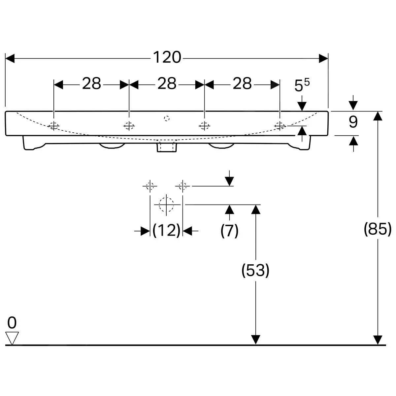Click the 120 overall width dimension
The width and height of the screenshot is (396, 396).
point(167,58)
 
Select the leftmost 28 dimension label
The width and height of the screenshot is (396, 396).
point(91,84)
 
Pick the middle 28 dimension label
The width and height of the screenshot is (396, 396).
point(167,84)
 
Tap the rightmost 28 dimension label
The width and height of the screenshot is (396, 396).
point(242,84)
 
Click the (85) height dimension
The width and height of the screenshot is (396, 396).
point(378,229)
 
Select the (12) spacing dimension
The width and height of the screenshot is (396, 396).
point(167,230)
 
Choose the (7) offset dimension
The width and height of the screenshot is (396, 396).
point(229,230)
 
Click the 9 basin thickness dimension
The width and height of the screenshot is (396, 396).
point(353,122)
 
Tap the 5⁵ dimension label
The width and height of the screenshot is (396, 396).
point(302,86)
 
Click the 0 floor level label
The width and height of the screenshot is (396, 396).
point(12,323)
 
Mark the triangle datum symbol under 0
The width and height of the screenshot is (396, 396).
point(12,338)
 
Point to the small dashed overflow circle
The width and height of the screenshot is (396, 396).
point(167,118)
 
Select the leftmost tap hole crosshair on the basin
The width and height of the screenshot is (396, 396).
point(53,125)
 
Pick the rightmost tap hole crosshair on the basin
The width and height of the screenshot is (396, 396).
point(280,125)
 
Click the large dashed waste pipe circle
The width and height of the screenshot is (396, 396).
point(166,204)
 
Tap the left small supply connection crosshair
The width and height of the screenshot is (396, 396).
point(150,186)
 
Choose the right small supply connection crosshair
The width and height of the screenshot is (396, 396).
point(182,186)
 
